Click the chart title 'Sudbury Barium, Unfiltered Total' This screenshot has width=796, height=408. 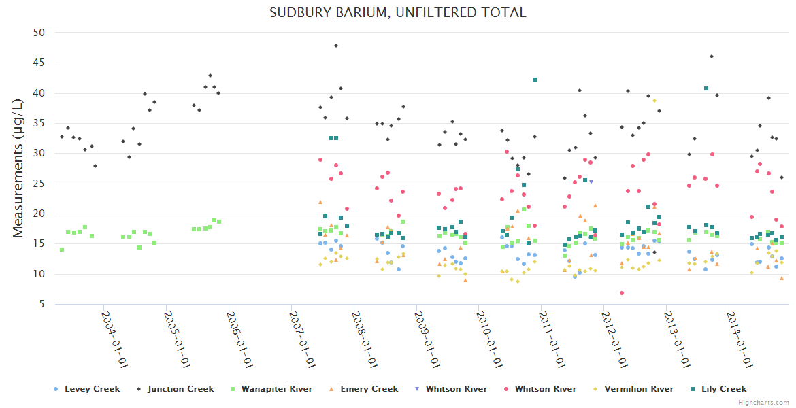coord(397,12)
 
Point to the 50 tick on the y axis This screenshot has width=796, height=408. coord(39,33)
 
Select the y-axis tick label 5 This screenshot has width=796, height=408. coord(42,305)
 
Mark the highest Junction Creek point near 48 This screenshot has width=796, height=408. coord(336,46)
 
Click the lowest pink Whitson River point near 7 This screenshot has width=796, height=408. coord(622,293)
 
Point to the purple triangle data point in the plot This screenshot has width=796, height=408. coord(591,182)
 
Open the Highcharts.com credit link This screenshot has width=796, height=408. coord(764,403)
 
